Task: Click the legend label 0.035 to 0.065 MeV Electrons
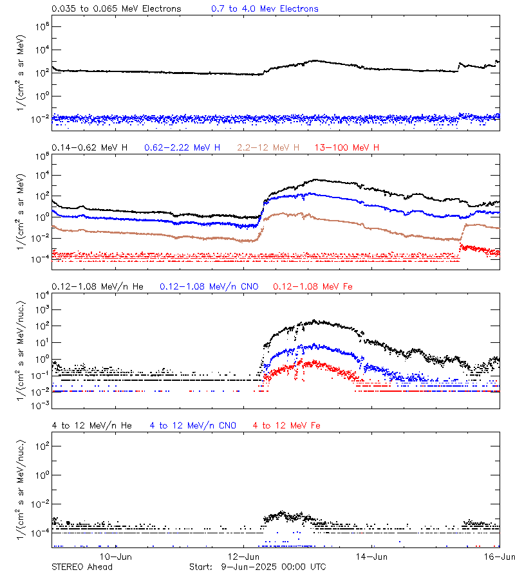coord(117,9)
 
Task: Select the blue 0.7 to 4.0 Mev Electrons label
coord(265,9)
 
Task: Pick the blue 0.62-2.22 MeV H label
coord(182,148)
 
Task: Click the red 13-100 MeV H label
coord(347,148)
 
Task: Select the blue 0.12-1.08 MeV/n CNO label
coord(209,286)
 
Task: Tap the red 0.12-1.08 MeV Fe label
coord(312,286)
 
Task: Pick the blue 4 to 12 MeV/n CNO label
coord(193,425)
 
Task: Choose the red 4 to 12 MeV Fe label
coord(286,425)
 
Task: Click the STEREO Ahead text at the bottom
coord(82,567)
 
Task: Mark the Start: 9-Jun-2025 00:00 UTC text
coord(257,567)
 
